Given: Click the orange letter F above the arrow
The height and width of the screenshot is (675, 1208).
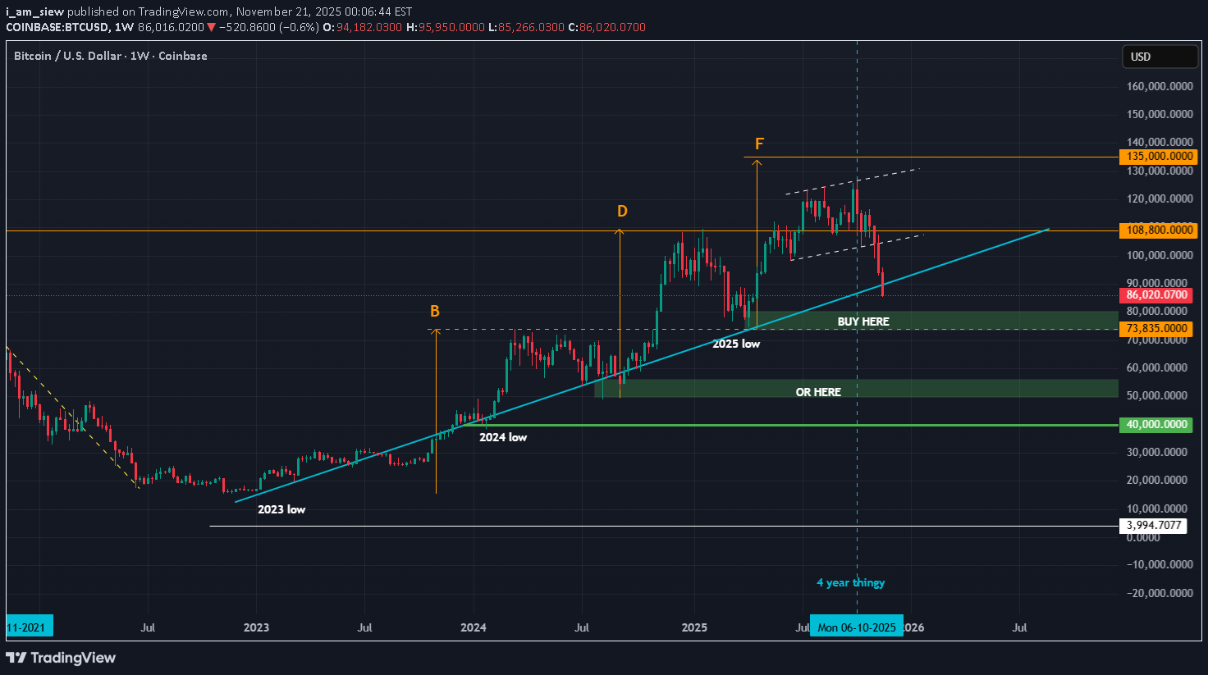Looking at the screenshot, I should click(759, 144).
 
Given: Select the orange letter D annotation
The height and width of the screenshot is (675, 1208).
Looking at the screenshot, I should click(622, 212).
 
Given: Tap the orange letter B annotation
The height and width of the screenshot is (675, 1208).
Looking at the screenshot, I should click(435, 312).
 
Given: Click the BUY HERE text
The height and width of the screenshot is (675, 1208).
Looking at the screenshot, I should click(863, 322).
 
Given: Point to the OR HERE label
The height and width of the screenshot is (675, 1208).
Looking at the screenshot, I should click(818, 392).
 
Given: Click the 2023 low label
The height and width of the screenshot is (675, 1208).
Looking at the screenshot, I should click(281, 509).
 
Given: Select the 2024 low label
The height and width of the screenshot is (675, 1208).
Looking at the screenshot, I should click(503, 437).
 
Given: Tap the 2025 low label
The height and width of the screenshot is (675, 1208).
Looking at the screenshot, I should click(736, 344).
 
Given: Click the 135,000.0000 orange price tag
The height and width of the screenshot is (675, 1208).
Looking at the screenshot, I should click(1159, 157).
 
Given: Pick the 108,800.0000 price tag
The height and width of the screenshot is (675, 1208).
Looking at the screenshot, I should click(1159, 230).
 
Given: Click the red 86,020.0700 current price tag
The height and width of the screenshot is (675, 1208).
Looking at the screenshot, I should click(1156, 295).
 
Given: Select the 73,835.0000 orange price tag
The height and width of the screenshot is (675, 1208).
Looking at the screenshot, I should click(1157, 329).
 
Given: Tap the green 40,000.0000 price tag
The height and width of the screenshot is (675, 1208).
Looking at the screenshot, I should click(1156, 425).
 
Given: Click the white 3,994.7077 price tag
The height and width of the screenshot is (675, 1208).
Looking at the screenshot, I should click(1153, 526).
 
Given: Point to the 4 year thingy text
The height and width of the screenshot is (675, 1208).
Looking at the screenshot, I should click(850, 582).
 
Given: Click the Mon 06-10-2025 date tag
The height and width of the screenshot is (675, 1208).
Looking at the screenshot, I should click(857, 627).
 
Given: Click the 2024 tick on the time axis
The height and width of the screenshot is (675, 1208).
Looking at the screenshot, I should click(474, 627).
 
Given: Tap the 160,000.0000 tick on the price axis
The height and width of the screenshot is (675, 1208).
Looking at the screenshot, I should click(1160, 86).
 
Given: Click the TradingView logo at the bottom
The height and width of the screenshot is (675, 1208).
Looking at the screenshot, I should click(62, 658).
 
